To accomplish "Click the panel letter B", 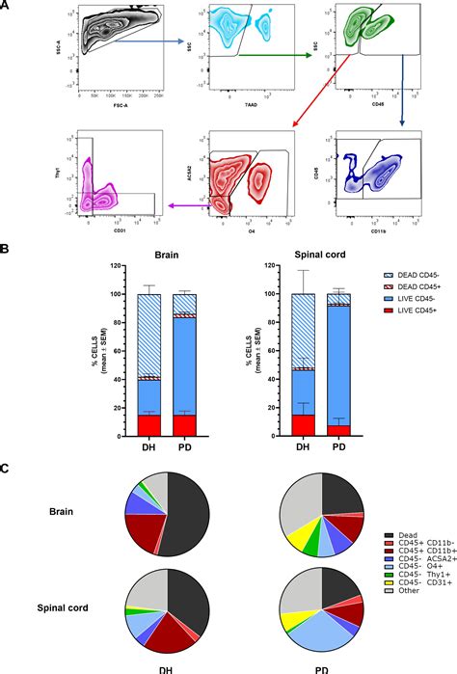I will (x=7, y=248).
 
